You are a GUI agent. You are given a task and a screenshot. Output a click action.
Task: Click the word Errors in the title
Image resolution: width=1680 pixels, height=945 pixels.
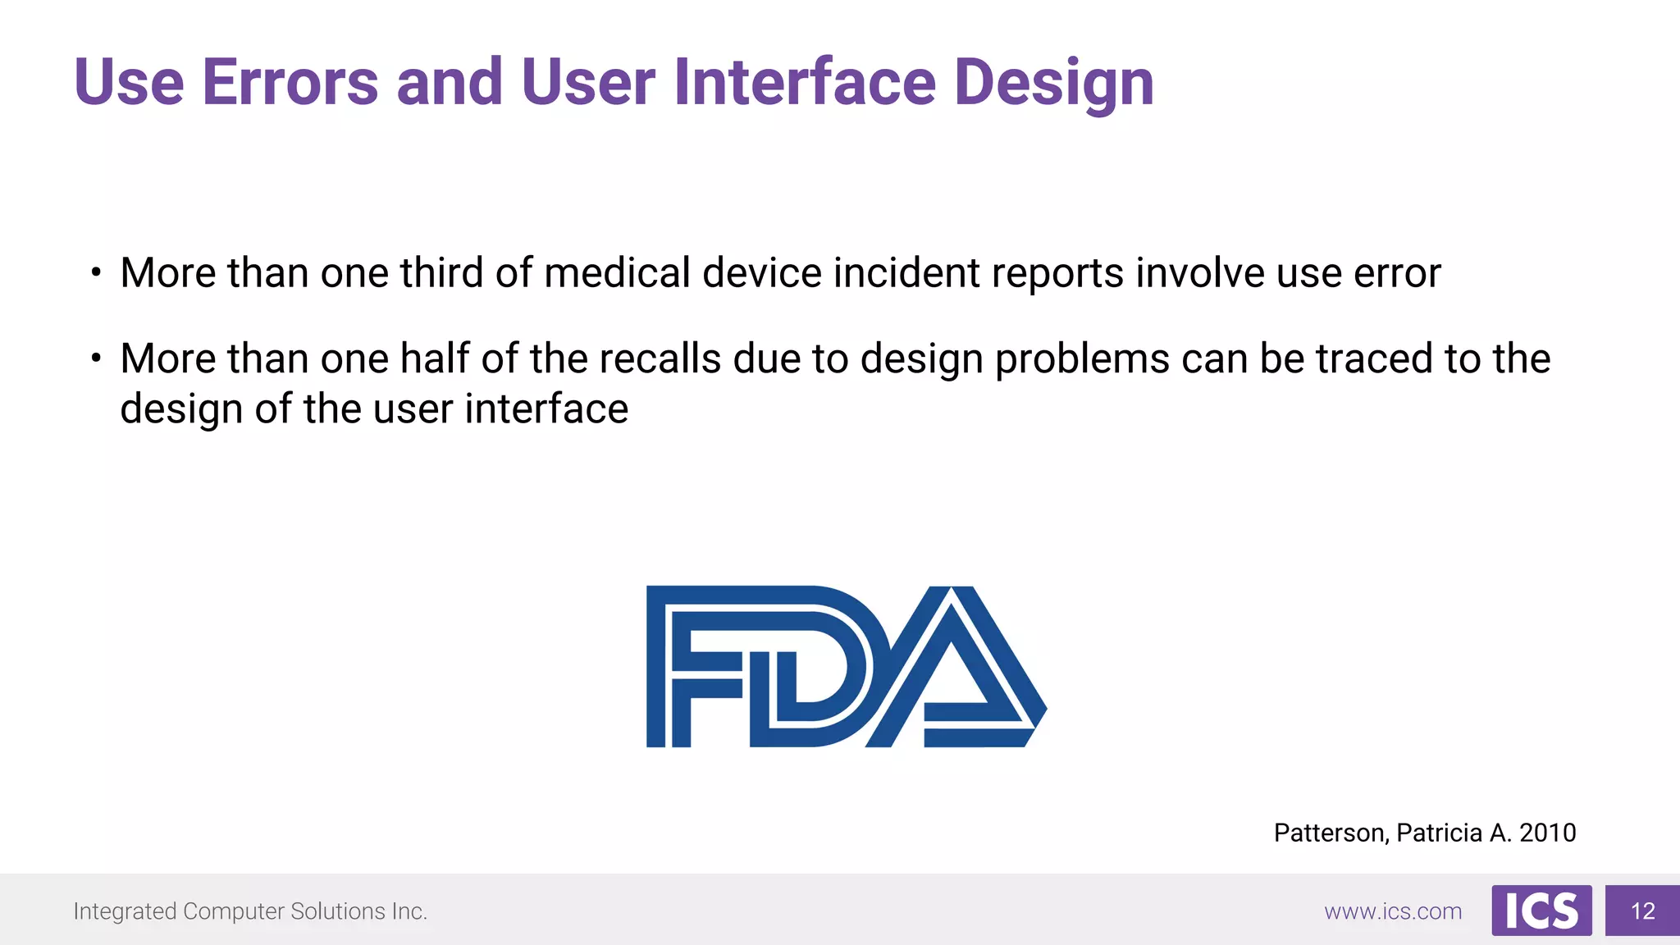coord(290,82)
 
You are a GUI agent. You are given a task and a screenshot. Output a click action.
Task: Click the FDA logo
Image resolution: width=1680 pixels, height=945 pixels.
coord(845,666)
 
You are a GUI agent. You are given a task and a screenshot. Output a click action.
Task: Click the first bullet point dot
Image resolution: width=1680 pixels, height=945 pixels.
coord(96,272)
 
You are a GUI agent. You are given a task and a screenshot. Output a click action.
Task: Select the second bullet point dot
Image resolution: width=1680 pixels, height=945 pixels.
coord(96,358)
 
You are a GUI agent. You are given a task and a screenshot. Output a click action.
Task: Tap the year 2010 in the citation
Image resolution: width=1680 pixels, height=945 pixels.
coord(1547,833)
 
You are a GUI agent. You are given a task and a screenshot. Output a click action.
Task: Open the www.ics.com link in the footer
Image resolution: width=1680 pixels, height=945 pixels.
coord(1393,911)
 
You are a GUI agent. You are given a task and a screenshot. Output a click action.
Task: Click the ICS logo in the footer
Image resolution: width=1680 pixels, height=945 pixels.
coord(1541,911)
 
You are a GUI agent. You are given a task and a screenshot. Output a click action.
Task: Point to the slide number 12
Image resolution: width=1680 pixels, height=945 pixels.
coord(1642,911)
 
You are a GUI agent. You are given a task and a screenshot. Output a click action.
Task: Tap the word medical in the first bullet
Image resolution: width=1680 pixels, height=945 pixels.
coord(617,272)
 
